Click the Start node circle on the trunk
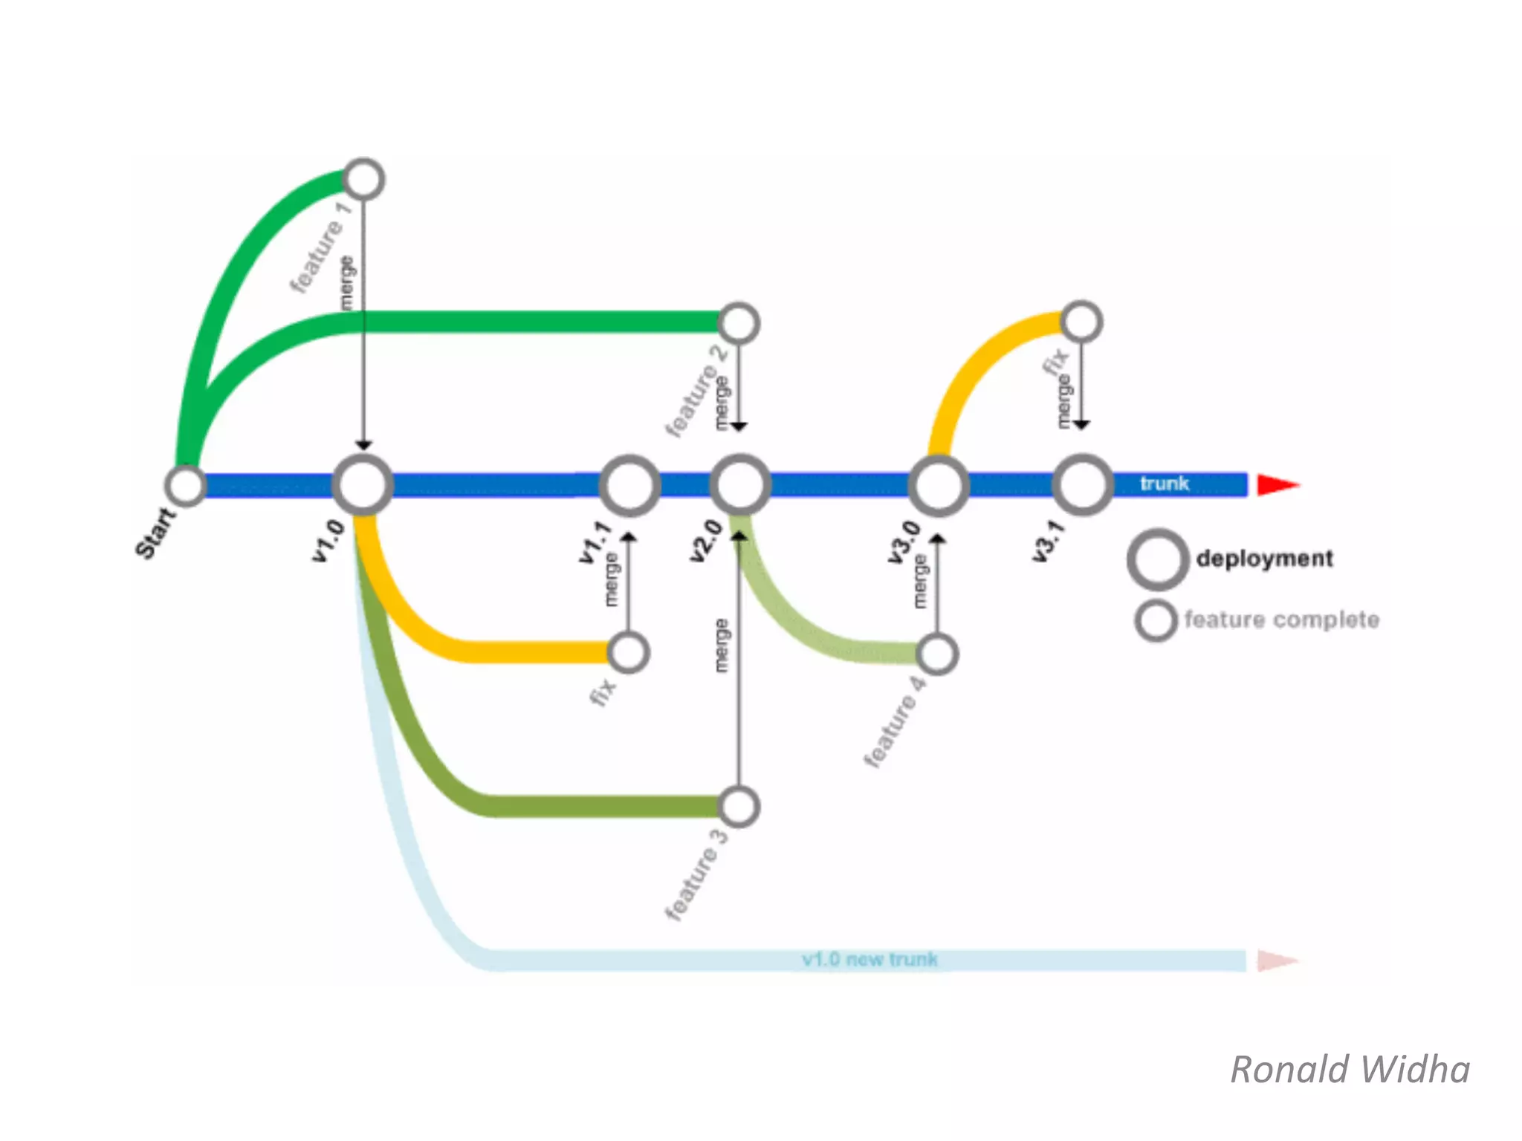click(186, 485)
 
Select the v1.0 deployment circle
click(363, 485)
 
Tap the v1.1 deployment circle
click(629, 486)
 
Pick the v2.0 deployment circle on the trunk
click(739, 485)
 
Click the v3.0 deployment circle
click(938, 485)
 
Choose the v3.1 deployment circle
click(1083, 484)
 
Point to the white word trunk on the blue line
click(1165, 484)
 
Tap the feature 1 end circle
click(363, 180)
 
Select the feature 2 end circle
click(739, 324)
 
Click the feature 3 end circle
click(739, 807)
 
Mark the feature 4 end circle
click(937, 654)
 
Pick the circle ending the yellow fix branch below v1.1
click(629, 653)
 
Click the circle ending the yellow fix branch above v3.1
click(1081, 322)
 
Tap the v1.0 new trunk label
click(870, 959)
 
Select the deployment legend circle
click(1157, 559)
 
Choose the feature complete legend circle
click(1156, 620)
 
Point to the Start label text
click(155, 532)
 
